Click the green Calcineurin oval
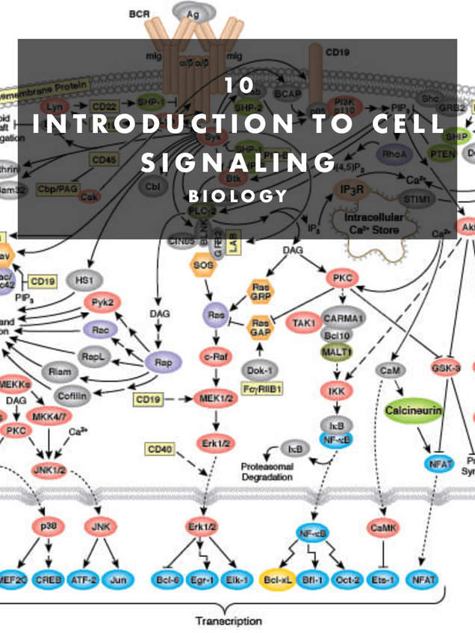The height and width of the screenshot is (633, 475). [414, 411]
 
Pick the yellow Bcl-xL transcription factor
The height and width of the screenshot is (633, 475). [278, 579]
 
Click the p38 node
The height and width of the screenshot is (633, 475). [49, 526]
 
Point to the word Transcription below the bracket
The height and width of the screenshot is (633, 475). [229, 620]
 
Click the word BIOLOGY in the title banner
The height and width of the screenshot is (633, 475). [237, 196]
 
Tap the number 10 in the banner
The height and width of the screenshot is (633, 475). [239, 84]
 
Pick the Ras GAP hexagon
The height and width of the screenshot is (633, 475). [261, 325]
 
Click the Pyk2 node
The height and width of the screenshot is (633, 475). [102, 303]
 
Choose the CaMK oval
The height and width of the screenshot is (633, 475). [385, 528]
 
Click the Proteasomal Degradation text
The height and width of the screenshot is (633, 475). [272, 471]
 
